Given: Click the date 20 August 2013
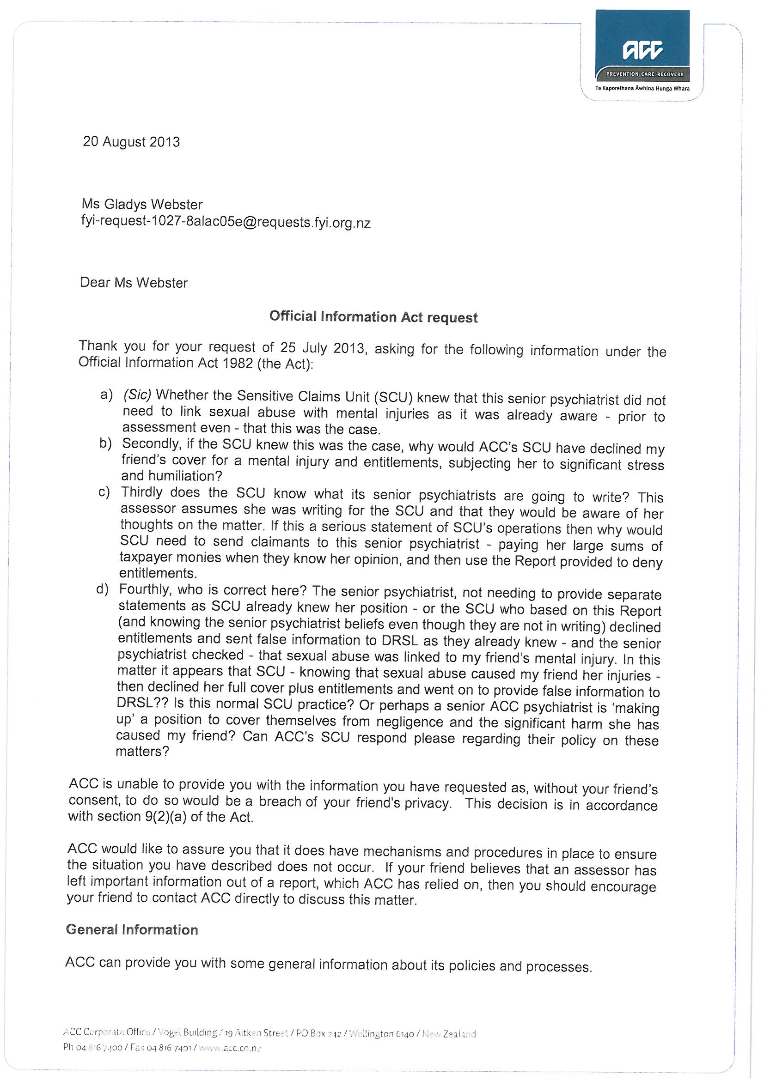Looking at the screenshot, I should click(x=131, y=142).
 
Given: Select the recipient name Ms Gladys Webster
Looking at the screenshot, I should click(x=142, y=205).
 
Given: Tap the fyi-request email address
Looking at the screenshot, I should click(x=226, y=222).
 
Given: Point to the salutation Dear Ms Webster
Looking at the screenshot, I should click(x=134, y=283).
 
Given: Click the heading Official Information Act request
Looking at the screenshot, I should click(x=373, y=317).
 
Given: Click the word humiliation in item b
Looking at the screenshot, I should click(x=179, y=476).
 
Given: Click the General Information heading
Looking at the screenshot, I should click(x=132, y=929).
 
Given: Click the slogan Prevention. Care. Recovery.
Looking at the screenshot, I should click(x=641, y=74).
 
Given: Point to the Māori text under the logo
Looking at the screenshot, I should click(x=642, y=88).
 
